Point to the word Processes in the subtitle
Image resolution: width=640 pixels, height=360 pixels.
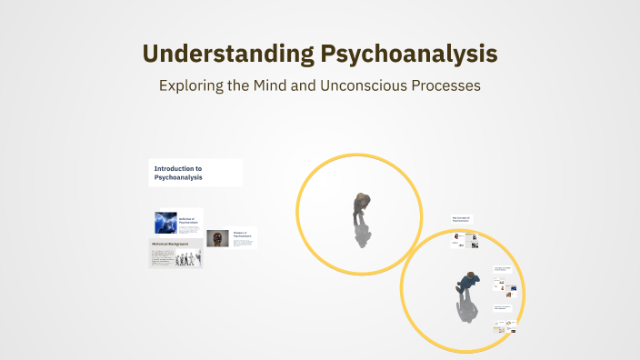click(x=445, y=86)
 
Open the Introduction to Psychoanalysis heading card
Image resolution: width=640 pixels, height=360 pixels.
click(x=195, y=173)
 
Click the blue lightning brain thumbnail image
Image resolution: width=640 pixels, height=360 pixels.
click(x=165, y=223)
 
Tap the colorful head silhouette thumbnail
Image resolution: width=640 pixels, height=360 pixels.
click(x=218, y=238)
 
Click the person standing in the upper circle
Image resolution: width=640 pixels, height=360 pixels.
click(x=361, y=207)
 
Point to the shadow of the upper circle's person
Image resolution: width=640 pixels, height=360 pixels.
click(x=363, y=235)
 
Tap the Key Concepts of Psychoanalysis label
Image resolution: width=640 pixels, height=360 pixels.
click(x=462, y=219)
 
